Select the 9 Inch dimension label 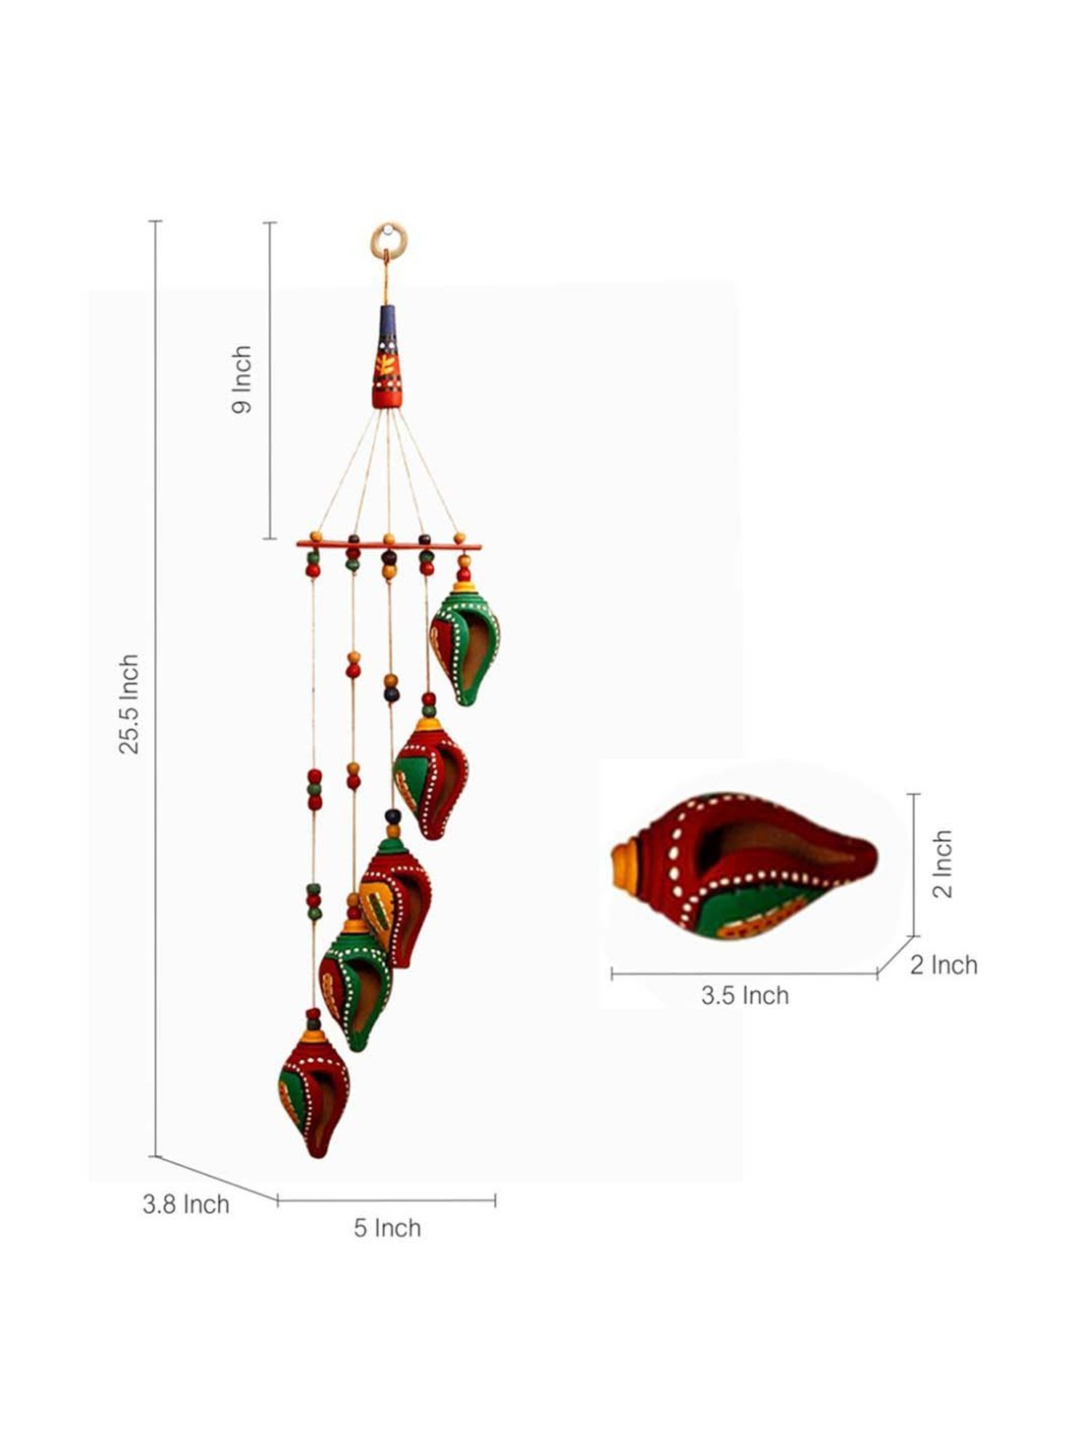(242, 379)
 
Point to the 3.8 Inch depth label (186, 1204)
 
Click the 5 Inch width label (387, 1228)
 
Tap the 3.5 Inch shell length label (745, 995)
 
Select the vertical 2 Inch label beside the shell (942, 864)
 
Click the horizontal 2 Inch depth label (944, 965)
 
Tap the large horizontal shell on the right (745, 865)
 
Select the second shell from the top (431, 777)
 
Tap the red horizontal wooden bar (389, 544)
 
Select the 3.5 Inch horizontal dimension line (744, 974)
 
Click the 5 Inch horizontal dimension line (387, 1200)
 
